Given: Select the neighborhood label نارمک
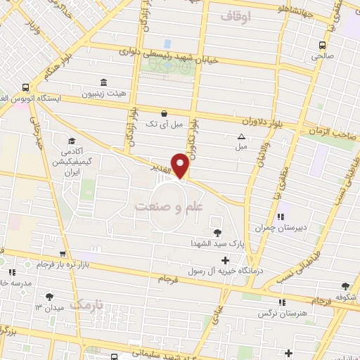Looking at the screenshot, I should pyautogui.click(x=86, y=305).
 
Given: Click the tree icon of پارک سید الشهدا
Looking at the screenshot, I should pyautogui.click(x=217, y=233).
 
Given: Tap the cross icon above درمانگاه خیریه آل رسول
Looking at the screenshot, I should pyautogui.click(x=225, y=260).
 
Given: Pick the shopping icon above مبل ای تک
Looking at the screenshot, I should pyautogui.click(x=164, y=112).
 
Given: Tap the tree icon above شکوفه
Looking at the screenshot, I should pyautogui.click(x=345, y=286).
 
